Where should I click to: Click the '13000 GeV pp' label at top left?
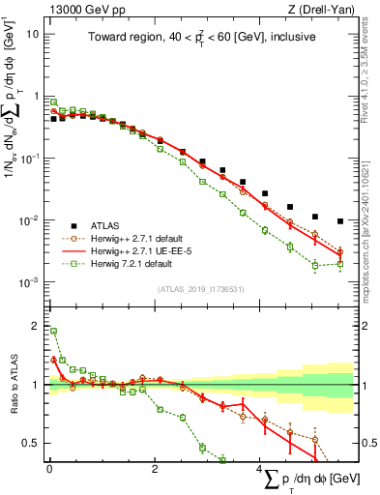point(80,9)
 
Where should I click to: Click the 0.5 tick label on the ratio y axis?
point(30,443)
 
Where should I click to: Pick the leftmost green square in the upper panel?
point(53,102)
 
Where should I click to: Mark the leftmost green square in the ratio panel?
point(53,332)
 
